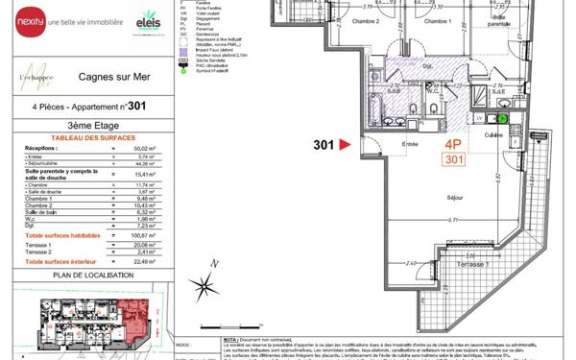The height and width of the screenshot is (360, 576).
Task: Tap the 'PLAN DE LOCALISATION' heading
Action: click(87, 276)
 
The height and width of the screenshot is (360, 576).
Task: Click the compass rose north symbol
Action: click(204, 286)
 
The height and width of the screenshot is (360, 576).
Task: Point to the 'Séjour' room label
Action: click(456, 198)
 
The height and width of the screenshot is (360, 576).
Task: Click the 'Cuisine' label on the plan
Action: click(492, 135)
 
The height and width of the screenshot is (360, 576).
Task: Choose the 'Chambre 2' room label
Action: click(365, 21)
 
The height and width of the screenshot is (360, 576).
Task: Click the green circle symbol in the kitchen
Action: click(502, 119)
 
